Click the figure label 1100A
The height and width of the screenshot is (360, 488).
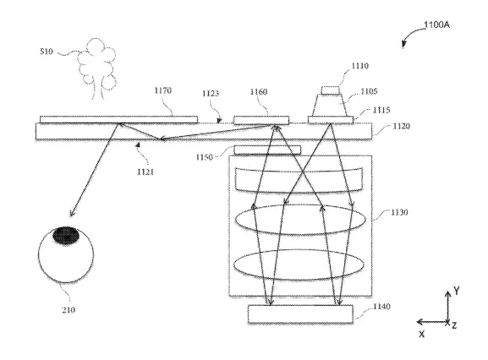click(436, 25)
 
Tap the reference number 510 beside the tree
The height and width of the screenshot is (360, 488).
click(47, 52)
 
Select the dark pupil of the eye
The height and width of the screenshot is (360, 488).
click(66, 235)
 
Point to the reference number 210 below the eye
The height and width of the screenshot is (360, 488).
click(69, 309)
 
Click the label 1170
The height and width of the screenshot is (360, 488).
click(162, 90)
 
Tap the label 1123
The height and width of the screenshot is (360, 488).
click(211, 93)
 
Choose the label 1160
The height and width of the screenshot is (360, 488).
click(259, 92)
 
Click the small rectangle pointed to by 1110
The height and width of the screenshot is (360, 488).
click(331, 90)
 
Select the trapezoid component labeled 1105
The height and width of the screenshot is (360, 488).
click(330, 105)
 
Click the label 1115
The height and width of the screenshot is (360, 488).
click(381, 110)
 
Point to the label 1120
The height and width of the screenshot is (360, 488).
click(402, 126)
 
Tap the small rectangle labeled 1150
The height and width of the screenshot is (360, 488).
click(267, 150)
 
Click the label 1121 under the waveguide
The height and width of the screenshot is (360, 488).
click(145, 172)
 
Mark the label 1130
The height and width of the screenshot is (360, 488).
click(399, 212)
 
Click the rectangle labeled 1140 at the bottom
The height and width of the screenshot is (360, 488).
click(300, 314)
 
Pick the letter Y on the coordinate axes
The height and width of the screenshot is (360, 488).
click(456, 291)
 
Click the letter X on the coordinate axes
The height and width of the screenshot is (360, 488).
click(422, 335)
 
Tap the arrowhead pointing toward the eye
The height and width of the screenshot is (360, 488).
click(72, 213)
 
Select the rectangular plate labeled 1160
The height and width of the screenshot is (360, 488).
click(261, 120)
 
